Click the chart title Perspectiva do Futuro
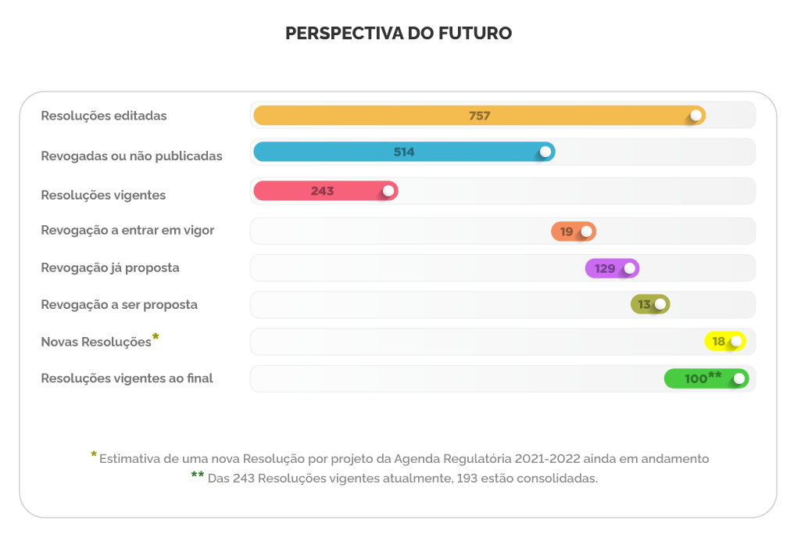(x=399, y=34)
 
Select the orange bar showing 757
(x=479, y=116)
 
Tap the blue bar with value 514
(x=403, y=152)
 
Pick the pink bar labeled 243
(x=325, y=191)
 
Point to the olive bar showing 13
(x=649, y=304)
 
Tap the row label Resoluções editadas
(x=104, y=116)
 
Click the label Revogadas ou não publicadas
(x=131, y=156)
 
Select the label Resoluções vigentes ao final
(x=127, y=378)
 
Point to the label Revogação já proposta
(x=110, y=267)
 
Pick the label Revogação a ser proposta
(x=119, y=305)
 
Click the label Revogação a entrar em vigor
(x=127, y=231)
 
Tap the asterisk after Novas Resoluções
(x=156, y=337)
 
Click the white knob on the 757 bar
(x=695, y=116)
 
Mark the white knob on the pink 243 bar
(x=388, y=191)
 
